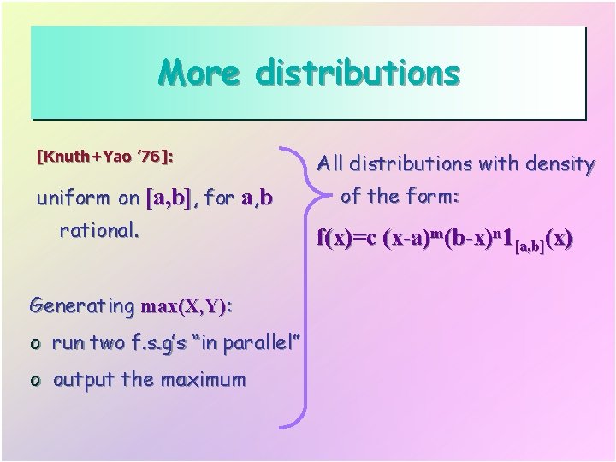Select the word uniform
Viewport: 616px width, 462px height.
coord(74,199)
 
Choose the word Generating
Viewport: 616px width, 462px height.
coord(81,305)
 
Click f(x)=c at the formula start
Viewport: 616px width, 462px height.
coord(349,238)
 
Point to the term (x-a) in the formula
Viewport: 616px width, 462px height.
coord(410,238)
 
